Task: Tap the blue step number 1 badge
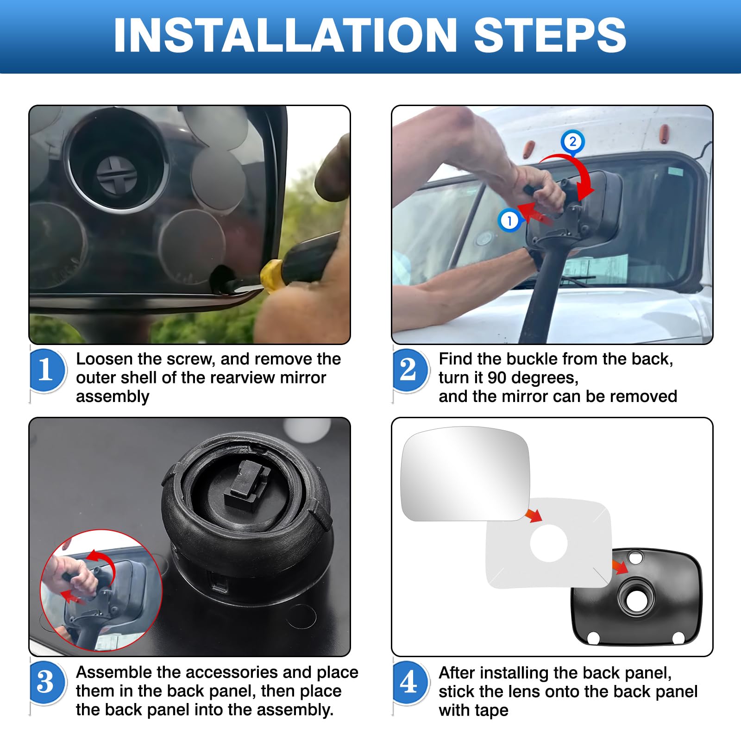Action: [47, 370]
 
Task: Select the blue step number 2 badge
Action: [409, 370]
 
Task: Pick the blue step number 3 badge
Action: [47, 682]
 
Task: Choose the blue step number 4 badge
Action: [409, 682]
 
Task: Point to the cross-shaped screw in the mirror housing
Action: [116, 176]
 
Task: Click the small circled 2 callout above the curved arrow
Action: [573, 141]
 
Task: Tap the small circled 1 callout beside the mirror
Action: [509, 220]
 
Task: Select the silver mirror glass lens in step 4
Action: [465, 473]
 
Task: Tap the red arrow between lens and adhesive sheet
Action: [534, 515]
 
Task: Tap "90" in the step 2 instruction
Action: [497, 378]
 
